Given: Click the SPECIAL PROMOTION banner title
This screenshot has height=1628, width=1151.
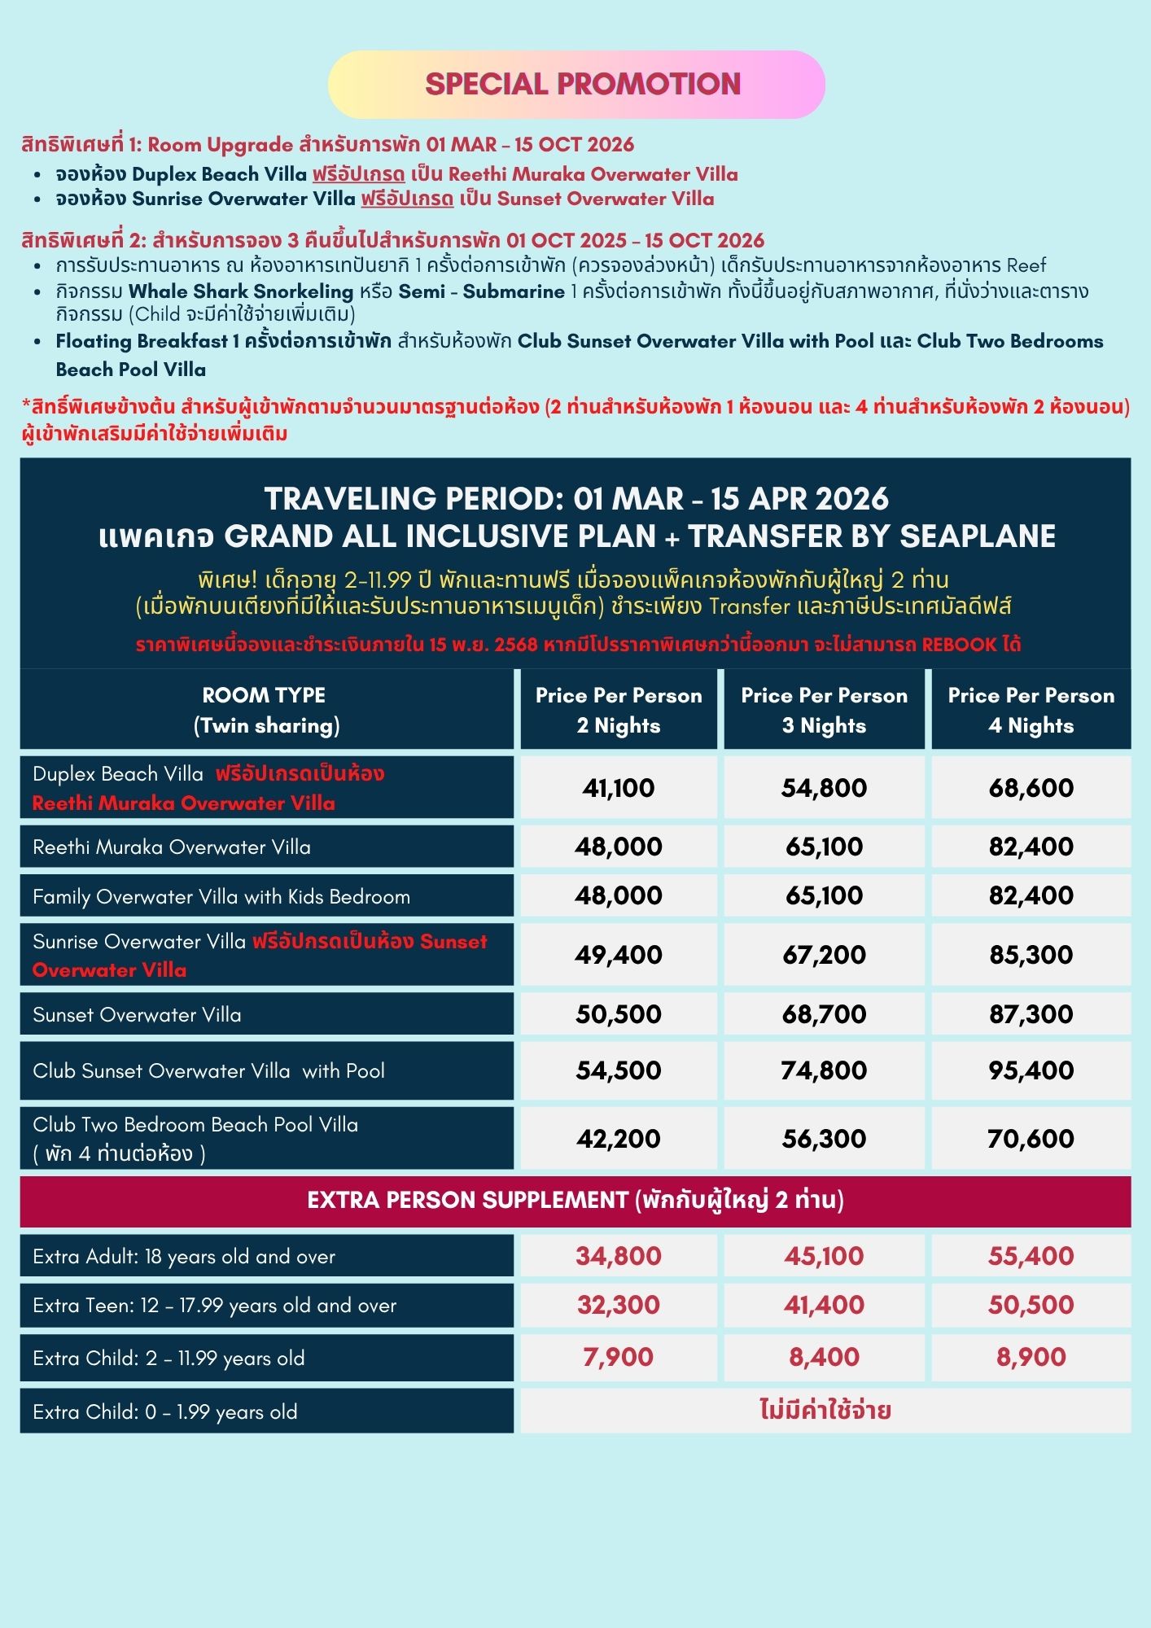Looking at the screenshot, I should point(582,84).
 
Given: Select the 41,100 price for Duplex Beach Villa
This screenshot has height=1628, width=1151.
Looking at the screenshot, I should point(618,788).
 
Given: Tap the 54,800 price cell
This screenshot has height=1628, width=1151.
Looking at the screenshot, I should point(824,788).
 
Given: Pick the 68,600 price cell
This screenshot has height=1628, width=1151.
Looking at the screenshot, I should point(1031,788).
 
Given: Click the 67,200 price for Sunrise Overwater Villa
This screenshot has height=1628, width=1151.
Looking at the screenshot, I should point(824,955).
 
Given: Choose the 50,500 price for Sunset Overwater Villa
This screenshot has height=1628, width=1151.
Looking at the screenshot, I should point(618,1014).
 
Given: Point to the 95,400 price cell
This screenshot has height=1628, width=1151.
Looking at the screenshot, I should point(1031,1070).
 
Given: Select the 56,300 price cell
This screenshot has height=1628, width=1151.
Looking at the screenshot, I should point(824,1139).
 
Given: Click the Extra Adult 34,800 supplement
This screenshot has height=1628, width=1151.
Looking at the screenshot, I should point(618,1256).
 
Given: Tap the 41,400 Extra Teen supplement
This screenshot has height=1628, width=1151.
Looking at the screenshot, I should point(824,1305).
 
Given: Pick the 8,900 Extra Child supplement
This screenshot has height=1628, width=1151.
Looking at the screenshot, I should point(1031,1357).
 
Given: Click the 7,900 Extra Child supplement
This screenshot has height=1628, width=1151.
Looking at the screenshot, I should point(618,1357).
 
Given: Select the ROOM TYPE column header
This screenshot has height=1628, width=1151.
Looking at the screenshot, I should point(265,710).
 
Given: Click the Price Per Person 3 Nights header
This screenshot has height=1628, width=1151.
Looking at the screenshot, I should point(824,710).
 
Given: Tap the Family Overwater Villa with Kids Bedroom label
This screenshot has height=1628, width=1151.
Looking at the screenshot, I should point(221,897).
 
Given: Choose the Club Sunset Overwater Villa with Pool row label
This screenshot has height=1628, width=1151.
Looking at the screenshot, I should point(208,1071).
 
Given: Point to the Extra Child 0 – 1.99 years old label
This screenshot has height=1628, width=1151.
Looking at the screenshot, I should point(165,1412).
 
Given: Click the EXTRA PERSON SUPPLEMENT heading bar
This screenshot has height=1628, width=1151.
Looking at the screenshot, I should point(575,1201).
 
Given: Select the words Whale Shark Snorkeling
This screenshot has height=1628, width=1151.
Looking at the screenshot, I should point(241,291).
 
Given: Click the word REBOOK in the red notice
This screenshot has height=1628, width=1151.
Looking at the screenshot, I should point(959,645).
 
